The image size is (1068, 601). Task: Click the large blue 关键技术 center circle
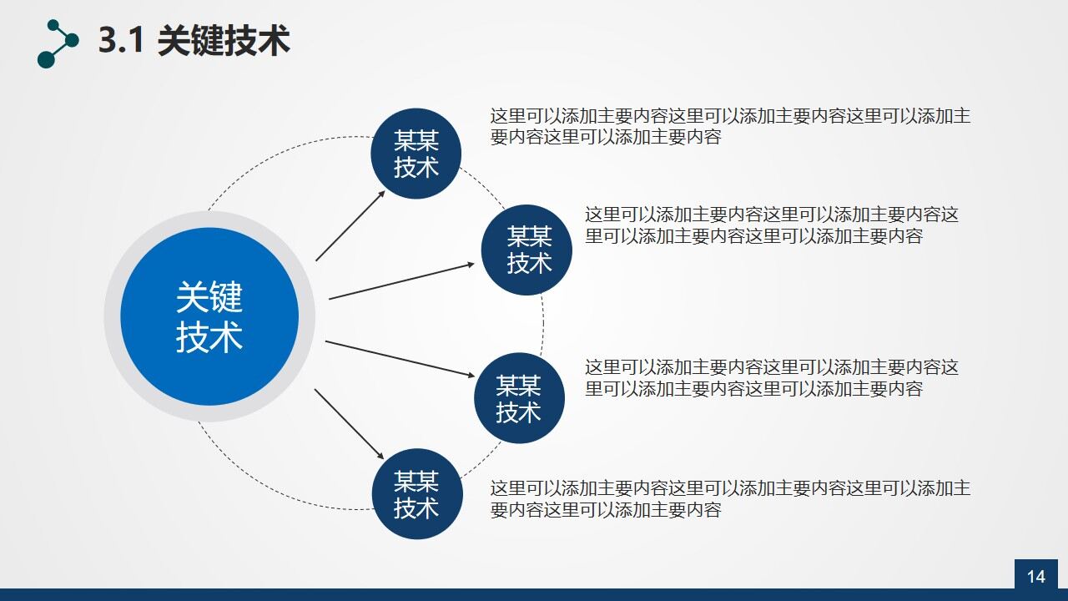(x=209, y=316)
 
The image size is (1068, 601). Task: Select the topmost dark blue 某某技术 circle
(x=416, y=154)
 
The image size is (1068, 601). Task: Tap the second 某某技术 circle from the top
(x=527, y=250)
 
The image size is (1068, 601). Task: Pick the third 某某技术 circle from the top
(x=519, y=398)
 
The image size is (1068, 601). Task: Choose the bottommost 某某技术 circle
(x=416, y=494)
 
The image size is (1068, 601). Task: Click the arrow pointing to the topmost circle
(x=350, y=225)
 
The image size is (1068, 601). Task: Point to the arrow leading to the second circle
(x=401, y=280)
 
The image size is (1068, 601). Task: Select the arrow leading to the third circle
(x=399, y=359)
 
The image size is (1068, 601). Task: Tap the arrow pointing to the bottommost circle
(x=349, y=424)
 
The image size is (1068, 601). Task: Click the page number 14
(x=1035, y=577)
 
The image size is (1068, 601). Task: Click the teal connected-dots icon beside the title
(x=58, y=43)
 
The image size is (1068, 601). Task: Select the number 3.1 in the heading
(x=123, y=41)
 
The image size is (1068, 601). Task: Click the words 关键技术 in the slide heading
(x=224, y=41)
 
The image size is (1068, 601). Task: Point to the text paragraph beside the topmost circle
(x=730, y=126)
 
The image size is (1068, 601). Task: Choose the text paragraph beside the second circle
(x=772, y=225)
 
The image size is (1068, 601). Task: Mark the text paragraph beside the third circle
(x=772, y=377)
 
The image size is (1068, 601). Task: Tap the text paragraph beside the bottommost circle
(x=730, y=498)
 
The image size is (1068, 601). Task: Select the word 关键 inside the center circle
(x=209, y=297)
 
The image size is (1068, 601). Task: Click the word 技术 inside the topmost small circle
(x=416, y=167)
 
